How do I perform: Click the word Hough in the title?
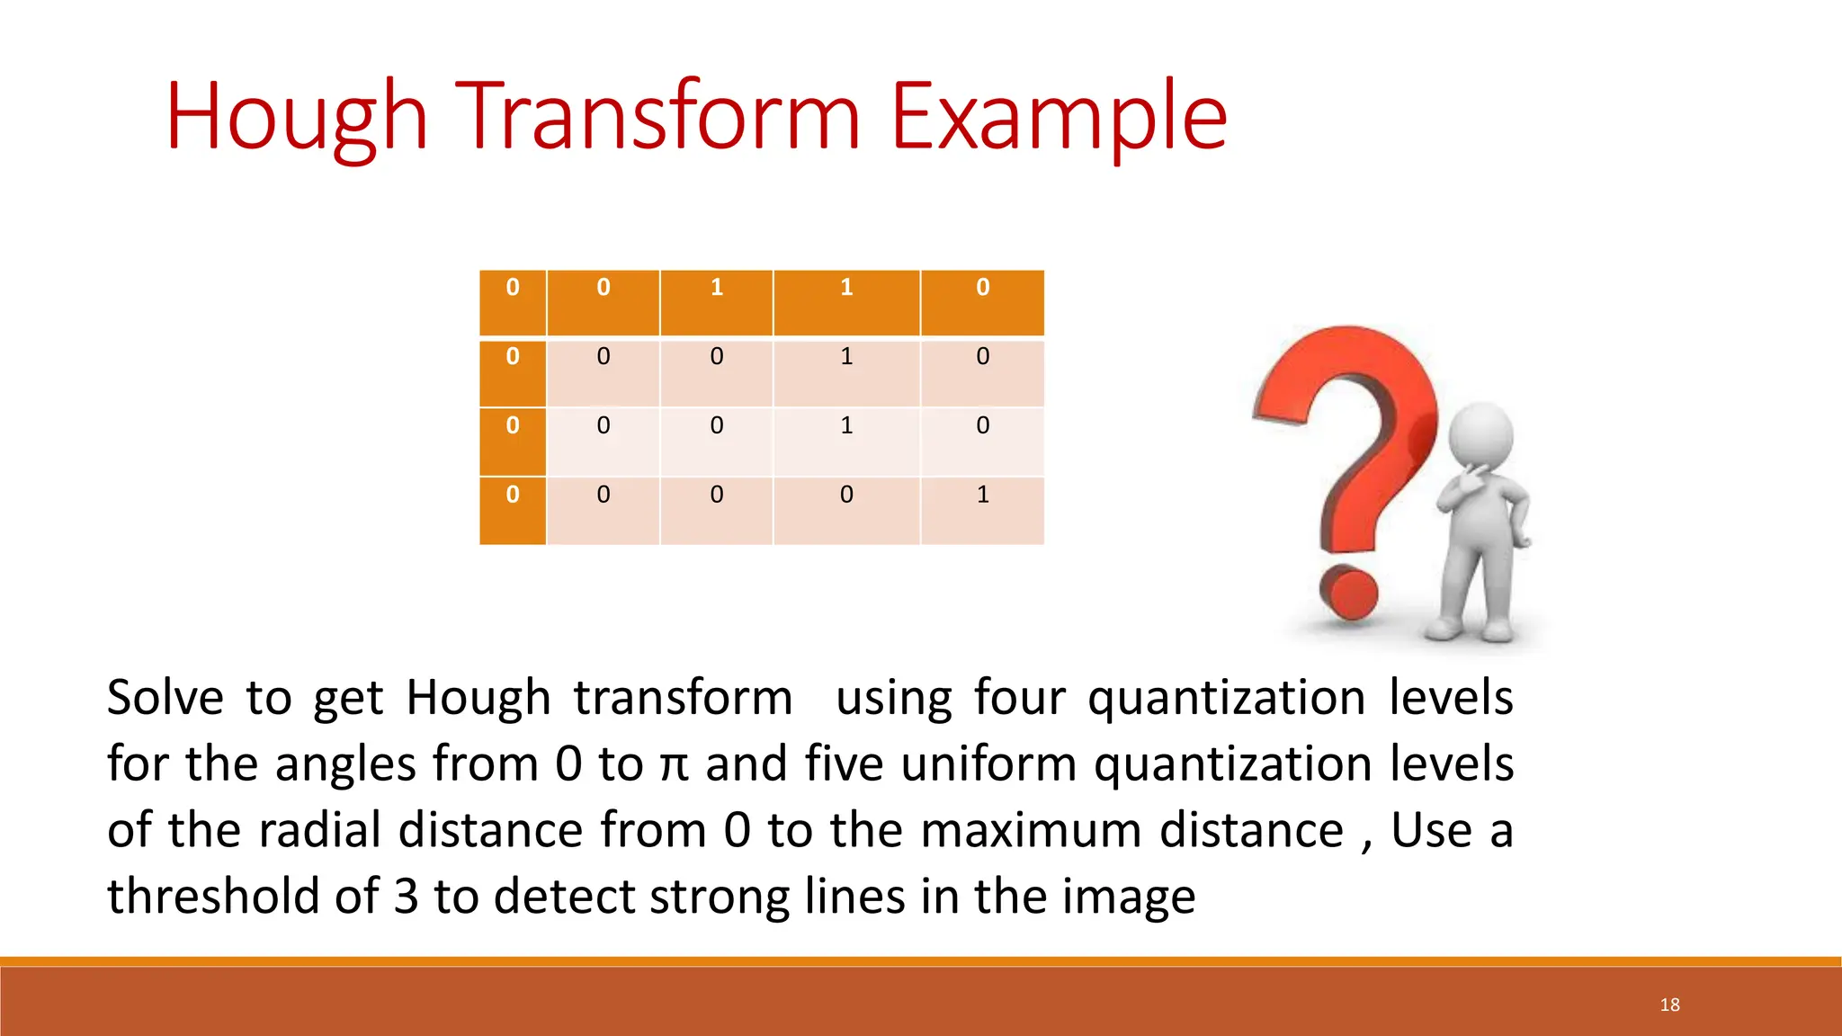pyautogui.click(x=296, y=117)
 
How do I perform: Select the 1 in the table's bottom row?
pyautogui.click(x=982, y=495)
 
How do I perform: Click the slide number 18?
pyautogui.click(x=1669, y=1005)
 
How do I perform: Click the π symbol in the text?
pyautogui.click(x=674, y=765)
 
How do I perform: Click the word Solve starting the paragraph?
pyautogui.click(x=165, y=698)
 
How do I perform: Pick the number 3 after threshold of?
pyautogui.click(x=407, y=897)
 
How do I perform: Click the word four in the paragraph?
pyautogui.click(x=1019, y=698)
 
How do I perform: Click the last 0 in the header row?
pyautogui.click(x=982, y=288)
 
